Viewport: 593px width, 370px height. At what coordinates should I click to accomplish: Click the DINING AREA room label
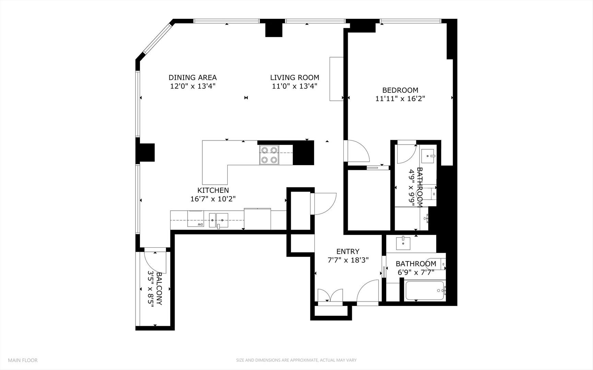(192, 78)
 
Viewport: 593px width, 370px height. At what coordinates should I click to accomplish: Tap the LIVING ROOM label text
(294, 78)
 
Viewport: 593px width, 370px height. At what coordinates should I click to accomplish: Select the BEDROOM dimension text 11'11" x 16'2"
(400, 99)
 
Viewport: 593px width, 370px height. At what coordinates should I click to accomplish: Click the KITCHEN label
(213, 190)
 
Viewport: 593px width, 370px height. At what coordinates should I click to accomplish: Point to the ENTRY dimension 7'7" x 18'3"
(348, 260)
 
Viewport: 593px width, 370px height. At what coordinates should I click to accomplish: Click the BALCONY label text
(159, 288)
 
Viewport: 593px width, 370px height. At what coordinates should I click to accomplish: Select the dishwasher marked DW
(195, 219)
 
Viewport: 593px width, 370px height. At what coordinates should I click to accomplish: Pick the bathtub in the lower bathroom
(425, 291)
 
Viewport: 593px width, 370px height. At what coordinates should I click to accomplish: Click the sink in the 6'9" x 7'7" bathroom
(403, 243)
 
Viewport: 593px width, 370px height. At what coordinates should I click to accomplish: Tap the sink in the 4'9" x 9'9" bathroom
(428, 156)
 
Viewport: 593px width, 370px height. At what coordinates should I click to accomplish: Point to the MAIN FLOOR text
(23, 360)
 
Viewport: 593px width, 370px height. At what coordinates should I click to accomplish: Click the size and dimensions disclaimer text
(296, 360)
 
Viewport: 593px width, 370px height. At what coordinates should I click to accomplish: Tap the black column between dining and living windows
(274, 29)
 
